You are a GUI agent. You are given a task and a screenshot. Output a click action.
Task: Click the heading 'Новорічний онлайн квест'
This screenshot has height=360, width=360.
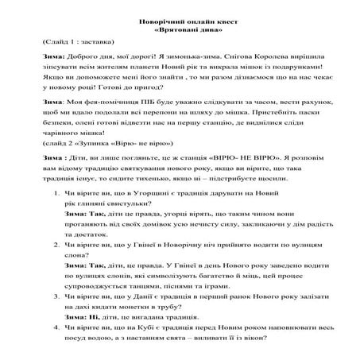click(179, 16)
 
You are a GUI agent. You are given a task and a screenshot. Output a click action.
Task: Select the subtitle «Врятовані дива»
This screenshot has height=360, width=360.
click(179, 25)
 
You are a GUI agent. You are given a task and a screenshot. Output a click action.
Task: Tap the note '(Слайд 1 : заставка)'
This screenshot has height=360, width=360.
click(68, 41)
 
